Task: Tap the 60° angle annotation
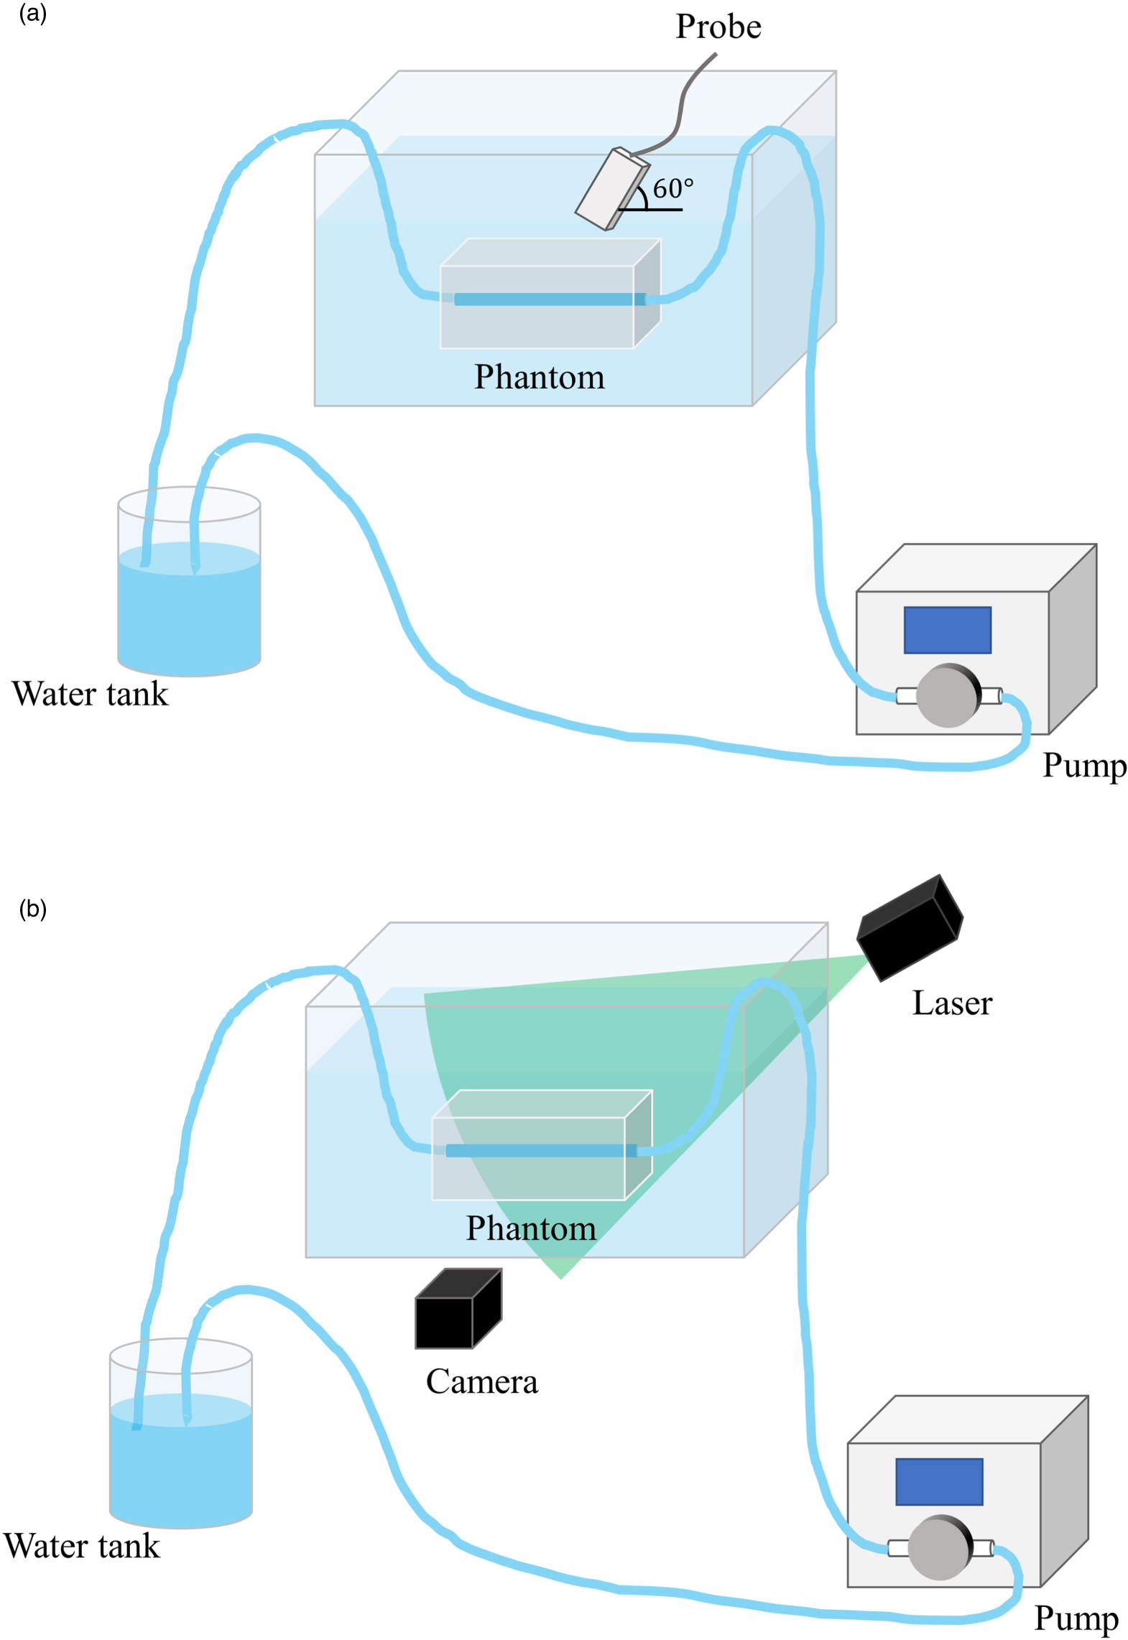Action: [x=672, y=189]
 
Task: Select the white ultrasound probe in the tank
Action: [x=609, y=189]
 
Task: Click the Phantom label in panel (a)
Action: [x=539, y=377]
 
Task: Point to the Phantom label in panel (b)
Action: [x=530, y=1228]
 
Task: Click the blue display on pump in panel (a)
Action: [x=946, y=630]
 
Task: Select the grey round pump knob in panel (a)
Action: [x=946, y=695]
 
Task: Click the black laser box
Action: [x=909, y=927]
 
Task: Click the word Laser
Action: [x=951, y=1004]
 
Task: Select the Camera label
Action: [x=481, y=1381]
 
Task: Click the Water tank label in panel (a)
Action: [x=90, y=694]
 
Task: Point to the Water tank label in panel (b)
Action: [x=81, y=1546]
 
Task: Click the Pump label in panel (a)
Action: [x=1083, y=766]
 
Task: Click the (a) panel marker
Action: [x=32, y=14]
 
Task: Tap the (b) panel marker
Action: [x=32, y=909]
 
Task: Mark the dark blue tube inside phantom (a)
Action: [x=550, y=299]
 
